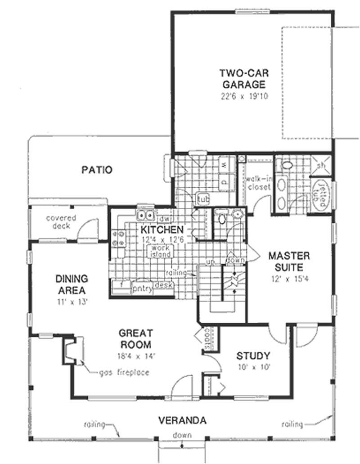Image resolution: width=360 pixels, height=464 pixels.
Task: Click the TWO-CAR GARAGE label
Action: (242, 78)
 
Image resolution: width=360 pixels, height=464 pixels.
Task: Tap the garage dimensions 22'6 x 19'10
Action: (242, 96)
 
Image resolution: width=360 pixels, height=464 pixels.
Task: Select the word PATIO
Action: (97, 170)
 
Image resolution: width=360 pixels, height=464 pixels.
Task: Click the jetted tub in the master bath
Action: (321, 195)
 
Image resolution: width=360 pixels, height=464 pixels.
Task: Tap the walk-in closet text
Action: (258, 182)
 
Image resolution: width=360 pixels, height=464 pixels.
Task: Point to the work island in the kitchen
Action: (161, 251)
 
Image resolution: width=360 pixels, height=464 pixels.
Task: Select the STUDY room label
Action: (253, 356)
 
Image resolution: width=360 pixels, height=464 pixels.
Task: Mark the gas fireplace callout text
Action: (125, 372)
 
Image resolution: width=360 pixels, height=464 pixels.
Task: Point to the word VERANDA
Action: (182, 421)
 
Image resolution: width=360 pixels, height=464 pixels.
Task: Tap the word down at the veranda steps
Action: (182, 435)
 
